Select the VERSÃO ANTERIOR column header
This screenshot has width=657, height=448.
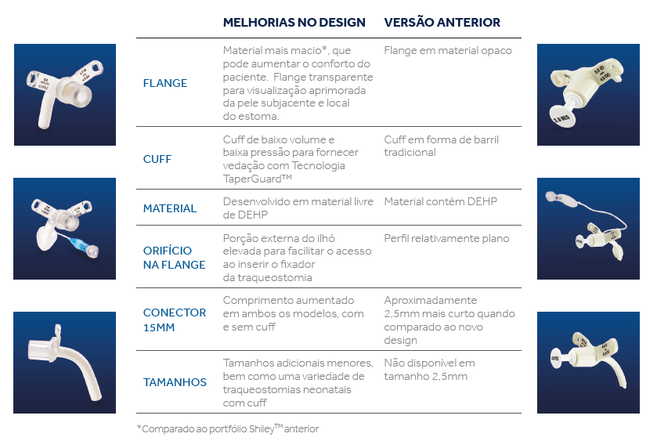click(x=442, y=23)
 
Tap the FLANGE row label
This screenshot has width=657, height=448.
click(x=165, y=83)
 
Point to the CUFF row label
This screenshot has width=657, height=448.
click(x=157, y=159)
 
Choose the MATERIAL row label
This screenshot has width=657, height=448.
click(x=170, y=208)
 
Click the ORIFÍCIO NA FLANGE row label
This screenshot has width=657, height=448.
click(x=174, y=258)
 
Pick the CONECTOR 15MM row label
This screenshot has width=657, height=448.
click(x=175, y=320)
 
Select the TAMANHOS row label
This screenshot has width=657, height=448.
click(x=175, y=382)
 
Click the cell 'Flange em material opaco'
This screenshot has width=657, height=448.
click(x=447, y=51)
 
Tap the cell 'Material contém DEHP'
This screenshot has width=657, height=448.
click(x=440, y=201)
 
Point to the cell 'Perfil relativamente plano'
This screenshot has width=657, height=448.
click(x=446, y=238)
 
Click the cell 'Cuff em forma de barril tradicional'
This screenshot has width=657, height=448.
click(x=441, y=146)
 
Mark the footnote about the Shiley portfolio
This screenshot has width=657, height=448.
click(x=228, y=428)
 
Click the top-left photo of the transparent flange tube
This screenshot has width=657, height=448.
click(x=64, y=95)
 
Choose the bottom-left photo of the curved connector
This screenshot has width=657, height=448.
click(x=64, y=362)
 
